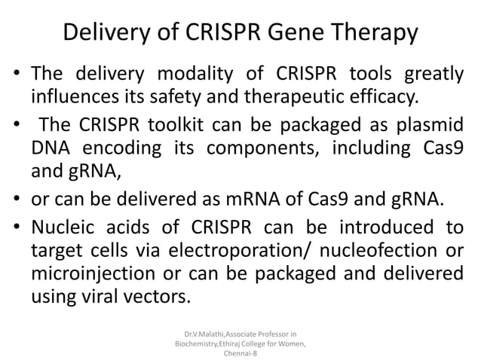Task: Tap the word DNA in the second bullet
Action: click(51, 147)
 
